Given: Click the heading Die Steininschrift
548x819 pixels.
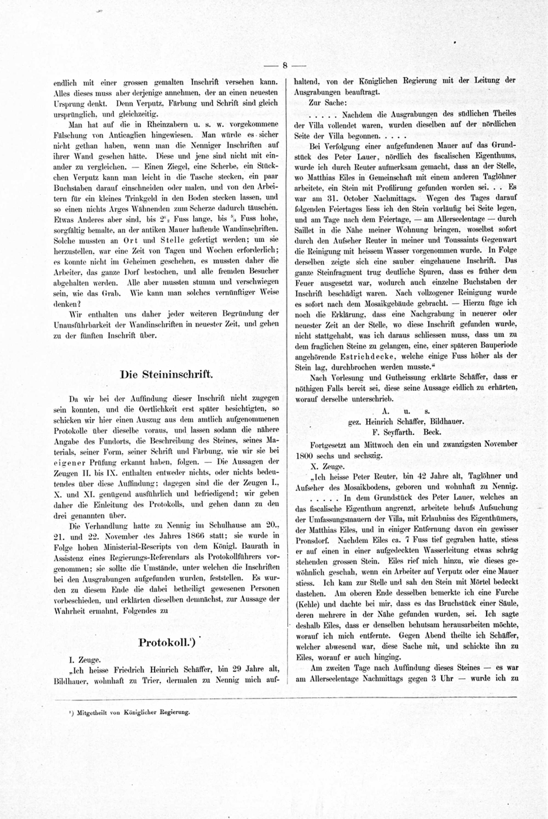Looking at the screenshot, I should (x=166, y=374).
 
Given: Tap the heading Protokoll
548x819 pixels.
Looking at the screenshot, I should (x=166, y=642).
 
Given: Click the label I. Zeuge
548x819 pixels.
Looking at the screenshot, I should (x=85, y=659).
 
